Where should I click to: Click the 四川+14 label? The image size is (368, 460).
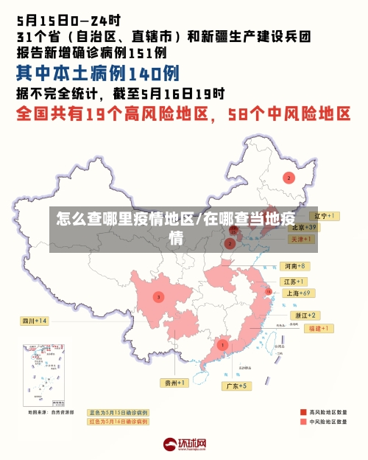35,321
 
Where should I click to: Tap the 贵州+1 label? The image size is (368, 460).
175,383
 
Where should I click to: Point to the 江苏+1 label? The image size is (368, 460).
294,282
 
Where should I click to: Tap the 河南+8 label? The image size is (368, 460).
294,265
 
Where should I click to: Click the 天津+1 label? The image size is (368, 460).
302,239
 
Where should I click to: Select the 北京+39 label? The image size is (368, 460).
303,228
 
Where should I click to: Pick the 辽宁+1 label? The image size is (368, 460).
323,216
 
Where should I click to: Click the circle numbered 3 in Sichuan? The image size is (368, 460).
158,296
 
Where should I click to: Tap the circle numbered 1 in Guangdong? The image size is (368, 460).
222,344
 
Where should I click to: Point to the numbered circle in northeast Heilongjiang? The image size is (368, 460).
289,178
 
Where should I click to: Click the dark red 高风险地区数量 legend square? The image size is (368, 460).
303,412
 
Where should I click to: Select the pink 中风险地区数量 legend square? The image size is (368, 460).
303,422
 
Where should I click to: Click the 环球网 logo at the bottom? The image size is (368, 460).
185,444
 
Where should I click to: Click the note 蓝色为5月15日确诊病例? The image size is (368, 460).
118,413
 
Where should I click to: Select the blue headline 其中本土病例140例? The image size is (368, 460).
98,74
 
